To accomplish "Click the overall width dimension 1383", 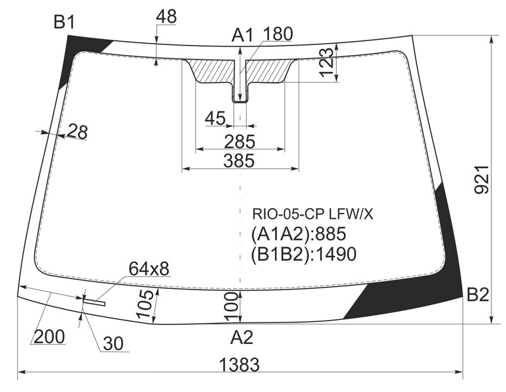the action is pyautogui.click(x=239, y=365).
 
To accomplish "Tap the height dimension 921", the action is pyautogui.click(x=482, y=180).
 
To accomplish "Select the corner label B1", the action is pyautogui.click(x=65, y=22).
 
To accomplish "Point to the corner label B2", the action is pyautogui.click(x=478, y=294).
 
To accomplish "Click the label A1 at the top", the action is pyautogui.click(x=243, y=35).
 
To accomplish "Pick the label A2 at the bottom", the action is pyautogui.click(x=242, y=338).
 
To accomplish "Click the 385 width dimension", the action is pyautogui.click(x=239, y=161).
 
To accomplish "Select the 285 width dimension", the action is pyautogui.click(x=240, y=142).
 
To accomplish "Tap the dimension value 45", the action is pyautogui.click(x=215, y=118).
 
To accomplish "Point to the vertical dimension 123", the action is pyautogui.click(x=326, y=62).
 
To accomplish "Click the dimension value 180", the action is pyautogui.click(x=278, y=34).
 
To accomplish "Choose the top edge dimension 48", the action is pyautogui.click(x=166, y=16).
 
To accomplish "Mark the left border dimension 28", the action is pyautogui.click(x=77, y=132).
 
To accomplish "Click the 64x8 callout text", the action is pyautogui.click(x=149, y=269).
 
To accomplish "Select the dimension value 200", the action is pyautogui.click(x=49, y=336).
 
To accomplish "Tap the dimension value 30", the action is pyautogui.click(x=113, y=343).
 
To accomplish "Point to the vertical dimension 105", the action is pyautogui.click(x=146, y=303).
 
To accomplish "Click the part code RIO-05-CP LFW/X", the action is pyautogui.click(x=312, y=214).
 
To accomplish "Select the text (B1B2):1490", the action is pyautogui.click(x=304, y=254).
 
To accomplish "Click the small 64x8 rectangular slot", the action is pyautogui.click(x=94, y=302).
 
